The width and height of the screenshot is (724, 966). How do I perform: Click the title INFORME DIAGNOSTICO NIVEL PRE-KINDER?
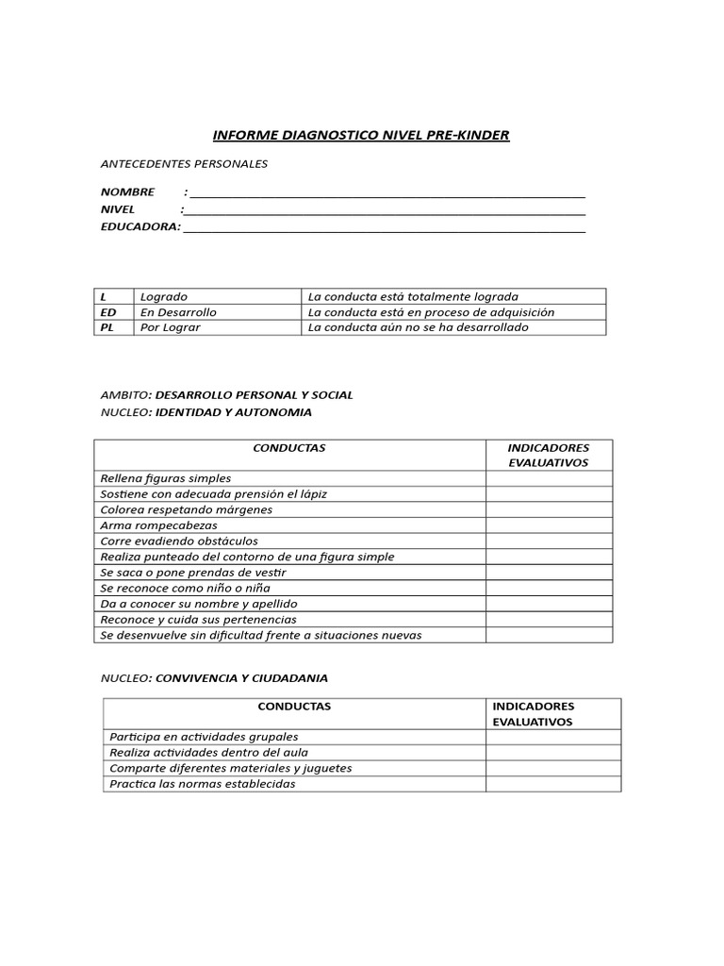[x=362, y=135]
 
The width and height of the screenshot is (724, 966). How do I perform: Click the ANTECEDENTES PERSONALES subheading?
[x=184, y=163]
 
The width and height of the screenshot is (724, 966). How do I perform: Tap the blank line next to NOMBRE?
[x=387, y=192]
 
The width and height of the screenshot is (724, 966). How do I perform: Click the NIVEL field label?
[x=118, y=209]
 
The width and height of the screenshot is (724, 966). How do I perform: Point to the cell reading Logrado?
[x=164, y=296]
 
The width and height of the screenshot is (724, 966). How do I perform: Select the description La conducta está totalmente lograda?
[x=413, y=296]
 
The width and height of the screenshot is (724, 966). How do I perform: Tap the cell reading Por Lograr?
[x=171, y=327]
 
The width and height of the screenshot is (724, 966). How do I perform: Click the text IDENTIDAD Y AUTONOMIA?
[x=233, y=412]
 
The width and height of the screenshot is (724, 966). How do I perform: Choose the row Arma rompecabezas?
[x=158, y=525]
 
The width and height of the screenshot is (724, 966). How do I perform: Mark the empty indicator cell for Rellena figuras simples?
[x=549, y=478]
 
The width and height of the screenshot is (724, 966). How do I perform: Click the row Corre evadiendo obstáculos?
[x=179, y=541]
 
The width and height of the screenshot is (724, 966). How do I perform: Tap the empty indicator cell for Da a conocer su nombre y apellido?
[x=549, y=604]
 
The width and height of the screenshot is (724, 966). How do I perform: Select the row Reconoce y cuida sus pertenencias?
[x=198, y=620]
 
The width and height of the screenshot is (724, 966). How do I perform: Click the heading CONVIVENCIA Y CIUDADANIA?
[x=241, y=678]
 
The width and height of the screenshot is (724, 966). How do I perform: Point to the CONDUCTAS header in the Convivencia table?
[x=294, y=706]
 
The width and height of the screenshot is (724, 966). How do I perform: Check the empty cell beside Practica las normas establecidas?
[x=552, y=784]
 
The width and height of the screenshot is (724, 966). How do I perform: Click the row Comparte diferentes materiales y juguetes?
[x=230, y=768]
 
